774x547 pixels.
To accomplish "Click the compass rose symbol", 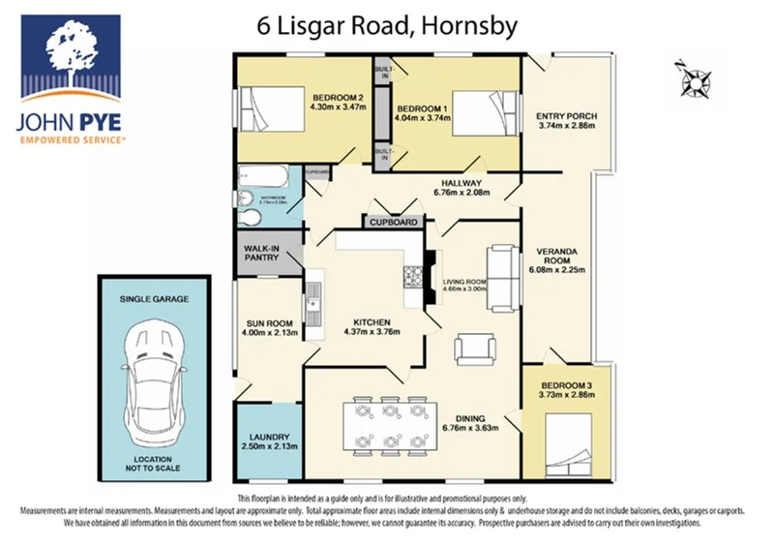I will tap(695, 75).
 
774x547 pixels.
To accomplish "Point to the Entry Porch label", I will tap(567, 117).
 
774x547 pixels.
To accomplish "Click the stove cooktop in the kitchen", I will tap(414, 279).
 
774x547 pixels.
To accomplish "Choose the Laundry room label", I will tap(263, 437).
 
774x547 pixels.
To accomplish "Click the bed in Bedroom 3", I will tap(572, 442).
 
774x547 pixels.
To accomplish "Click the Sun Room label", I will tap(268, 327).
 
